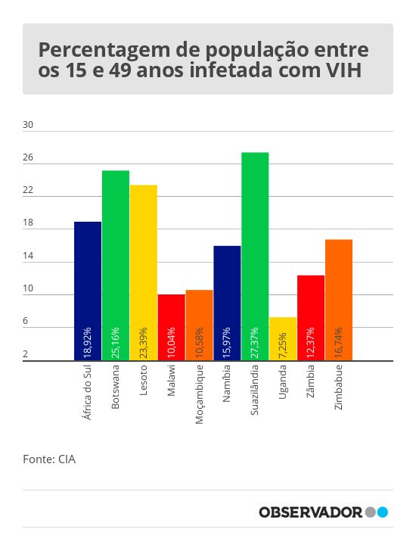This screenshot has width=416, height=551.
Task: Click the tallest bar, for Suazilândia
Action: pos(255,257)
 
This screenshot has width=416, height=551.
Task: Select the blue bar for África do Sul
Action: pos(88,291)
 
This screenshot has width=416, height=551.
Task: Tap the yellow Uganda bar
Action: pos(283,339)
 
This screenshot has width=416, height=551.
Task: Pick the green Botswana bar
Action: pos(116,266)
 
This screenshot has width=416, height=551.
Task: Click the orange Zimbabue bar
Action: pos(339,300)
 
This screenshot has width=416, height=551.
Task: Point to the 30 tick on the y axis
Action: pos(28,125)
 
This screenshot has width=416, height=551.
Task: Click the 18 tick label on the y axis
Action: pos(28,223)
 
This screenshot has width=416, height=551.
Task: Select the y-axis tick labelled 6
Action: pos(25,321)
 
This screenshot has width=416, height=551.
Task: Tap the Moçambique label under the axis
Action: pos(199,394)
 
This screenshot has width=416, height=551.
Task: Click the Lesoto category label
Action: pos(143,380)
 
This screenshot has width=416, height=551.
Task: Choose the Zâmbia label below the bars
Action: pos(311,381)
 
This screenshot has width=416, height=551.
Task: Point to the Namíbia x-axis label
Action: pos(227,383)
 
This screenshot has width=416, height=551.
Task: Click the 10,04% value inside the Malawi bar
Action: pos(171,343)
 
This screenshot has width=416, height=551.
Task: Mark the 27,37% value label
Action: pos(255,343)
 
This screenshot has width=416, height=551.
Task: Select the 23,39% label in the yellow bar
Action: pos(143,343)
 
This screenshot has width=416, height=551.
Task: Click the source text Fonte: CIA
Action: pos(49,459)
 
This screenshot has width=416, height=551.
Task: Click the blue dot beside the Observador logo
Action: pos(383,512)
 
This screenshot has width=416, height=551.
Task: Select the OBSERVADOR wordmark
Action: pos(310,512)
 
